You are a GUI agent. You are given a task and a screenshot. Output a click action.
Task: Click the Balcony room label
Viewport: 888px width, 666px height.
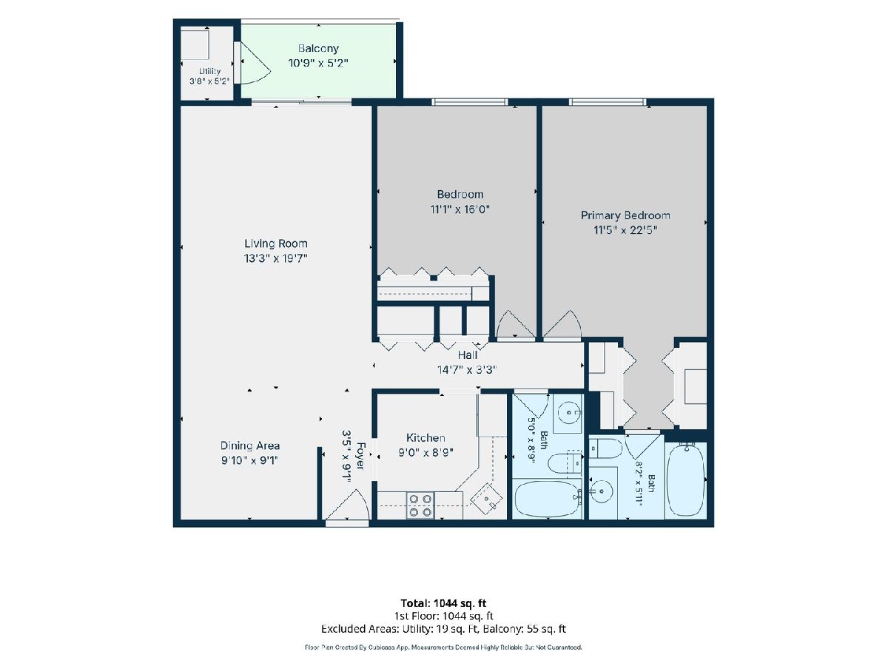coord(318,49)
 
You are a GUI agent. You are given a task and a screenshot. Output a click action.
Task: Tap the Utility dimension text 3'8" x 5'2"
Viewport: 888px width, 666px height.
coord(209,81)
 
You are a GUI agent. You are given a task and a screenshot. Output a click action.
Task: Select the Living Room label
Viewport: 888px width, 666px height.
coord(275,243)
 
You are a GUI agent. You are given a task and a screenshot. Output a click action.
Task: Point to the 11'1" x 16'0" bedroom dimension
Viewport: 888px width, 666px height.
coord(460,209)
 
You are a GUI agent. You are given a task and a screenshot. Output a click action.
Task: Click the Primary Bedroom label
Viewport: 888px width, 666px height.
coord(625,215)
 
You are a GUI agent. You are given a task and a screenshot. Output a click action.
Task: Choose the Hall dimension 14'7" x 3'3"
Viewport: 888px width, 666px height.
coord(467,370)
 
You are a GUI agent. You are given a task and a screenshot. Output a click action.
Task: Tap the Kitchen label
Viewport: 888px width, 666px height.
coord(425,437)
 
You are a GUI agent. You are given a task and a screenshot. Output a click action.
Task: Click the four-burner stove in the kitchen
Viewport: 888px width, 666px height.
coord(420,505)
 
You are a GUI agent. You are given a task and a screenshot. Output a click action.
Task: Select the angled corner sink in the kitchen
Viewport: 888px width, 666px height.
coord(486,498)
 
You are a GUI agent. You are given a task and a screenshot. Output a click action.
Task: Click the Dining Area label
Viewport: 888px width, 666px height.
coord(249,445)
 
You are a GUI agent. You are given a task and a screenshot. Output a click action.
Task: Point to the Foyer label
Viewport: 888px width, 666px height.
coord(360,456)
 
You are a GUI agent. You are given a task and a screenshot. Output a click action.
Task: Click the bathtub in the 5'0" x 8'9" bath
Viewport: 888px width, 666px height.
coord(547,498)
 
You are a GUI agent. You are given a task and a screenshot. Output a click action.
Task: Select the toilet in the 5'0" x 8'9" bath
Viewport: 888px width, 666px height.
coord(566,463)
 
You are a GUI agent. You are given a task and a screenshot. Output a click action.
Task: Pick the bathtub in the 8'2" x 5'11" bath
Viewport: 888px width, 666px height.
coord(686,480)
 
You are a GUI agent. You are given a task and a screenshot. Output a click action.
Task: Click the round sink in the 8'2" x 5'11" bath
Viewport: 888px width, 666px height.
coord(602,491)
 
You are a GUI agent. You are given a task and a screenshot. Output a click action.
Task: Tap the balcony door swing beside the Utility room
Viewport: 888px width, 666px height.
coord(255,63)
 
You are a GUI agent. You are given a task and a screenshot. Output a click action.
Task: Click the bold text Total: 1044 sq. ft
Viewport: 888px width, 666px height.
coord(443,603)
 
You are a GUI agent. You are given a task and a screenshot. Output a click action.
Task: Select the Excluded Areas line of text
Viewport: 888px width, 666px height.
coord(443,629)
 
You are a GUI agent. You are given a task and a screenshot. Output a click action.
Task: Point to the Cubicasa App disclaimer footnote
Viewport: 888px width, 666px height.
coord(443,647)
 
